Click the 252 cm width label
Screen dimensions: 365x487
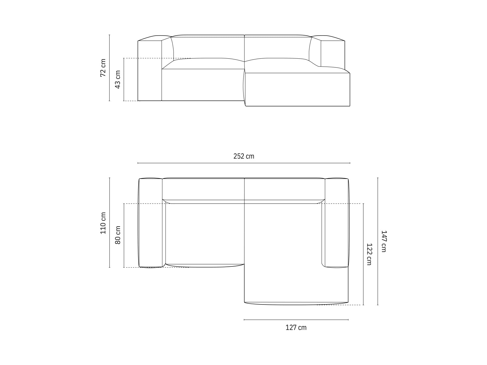point(243,156)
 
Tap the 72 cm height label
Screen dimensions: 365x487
point(103,68)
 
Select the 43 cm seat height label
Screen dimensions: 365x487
point(118,79)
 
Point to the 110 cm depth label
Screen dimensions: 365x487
point(103,223)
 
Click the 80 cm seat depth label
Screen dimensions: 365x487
point(118,235)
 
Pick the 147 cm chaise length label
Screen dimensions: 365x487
point(384,241)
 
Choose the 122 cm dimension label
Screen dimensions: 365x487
point(369,254)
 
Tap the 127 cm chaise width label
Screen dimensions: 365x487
point(296,328)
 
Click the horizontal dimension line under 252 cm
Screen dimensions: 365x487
point(243,163)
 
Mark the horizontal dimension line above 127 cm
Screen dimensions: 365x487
point(296,320)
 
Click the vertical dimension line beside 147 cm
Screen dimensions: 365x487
point(378,241)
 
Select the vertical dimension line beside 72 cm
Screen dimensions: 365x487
point(110,68)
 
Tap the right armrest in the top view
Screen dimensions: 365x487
point(336,223)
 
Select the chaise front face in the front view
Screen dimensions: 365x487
point(297,89)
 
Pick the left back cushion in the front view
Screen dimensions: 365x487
point(208,47)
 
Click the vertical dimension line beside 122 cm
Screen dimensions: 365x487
point(363,254)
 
